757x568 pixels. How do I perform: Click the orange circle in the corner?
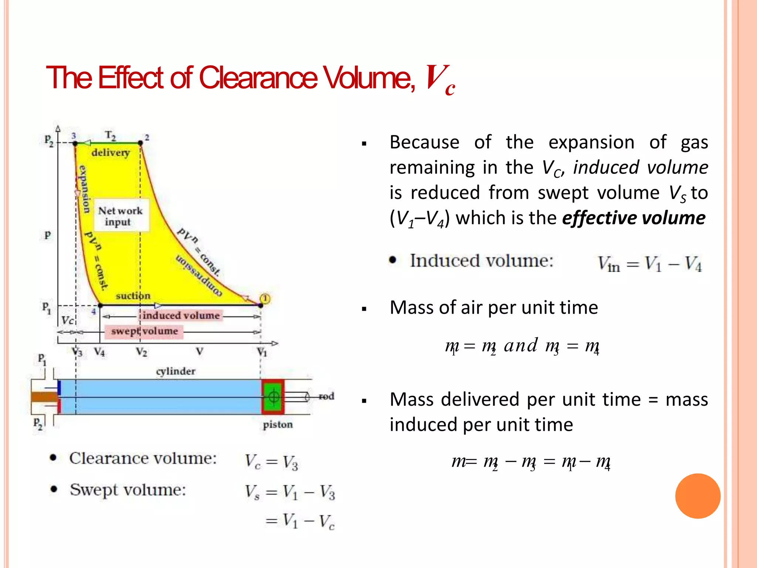point(697,496)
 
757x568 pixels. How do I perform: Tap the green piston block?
point(273,397)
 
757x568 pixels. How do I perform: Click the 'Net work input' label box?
point(120,216)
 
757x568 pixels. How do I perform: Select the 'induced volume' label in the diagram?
point(181,315)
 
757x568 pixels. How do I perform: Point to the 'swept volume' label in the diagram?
point(145,331)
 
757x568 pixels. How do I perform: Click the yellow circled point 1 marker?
point(265,298)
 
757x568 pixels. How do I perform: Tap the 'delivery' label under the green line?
point(111,153)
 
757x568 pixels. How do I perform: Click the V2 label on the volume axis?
point(141,352)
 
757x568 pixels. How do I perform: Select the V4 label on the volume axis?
point(99,352)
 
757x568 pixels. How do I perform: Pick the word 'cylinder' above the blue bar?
point(176,371)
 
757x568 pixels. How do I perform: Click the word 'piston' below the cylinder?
point(278,425)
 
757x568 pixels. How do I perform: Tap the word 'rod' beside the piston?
point(326,396)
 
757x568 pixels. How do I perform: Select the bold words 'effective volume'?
point(634,218)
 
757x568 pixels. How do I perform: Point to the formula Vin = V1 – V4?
point(649,264)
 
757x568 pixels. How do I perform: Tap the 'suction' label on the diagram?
point(133,296)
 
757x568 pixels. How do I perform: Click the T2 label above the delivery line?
point(111,135)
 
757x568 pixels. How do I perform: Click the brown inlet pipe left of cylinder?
point(44,397)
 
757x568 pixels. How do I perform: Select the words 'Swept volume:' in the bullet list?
point(128,490)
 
